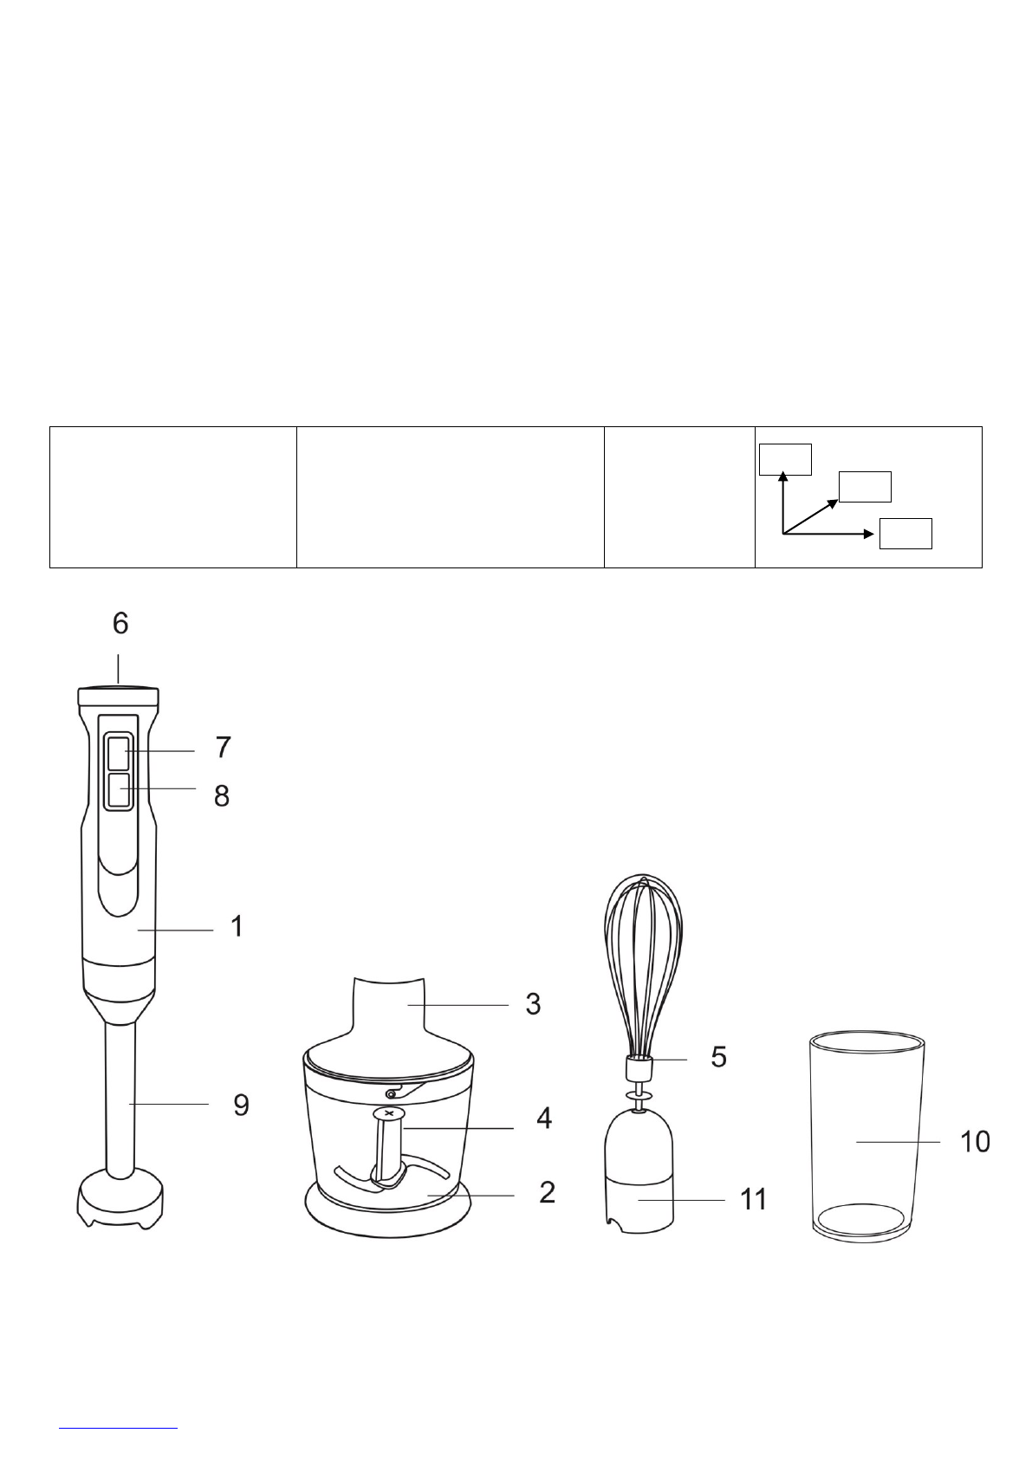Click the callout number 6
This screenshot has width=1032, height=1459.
point(120,623)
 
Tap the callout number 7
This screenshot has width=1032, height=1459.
point(224,747)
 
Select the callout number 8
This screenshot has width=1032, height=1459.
point(222,796)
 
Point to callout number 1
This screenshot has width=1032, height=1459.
point(237,926)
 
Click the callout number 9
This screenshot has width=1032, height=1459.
point(241,1106)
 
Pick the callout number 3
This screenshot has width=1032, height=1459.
point(533,1004)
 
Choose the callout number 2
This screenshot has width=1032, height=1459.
point(548,1192)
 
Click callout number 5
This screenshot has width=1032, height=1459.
point(718,1057)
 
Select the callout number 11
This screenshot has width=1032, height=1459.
point(754,1199)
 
